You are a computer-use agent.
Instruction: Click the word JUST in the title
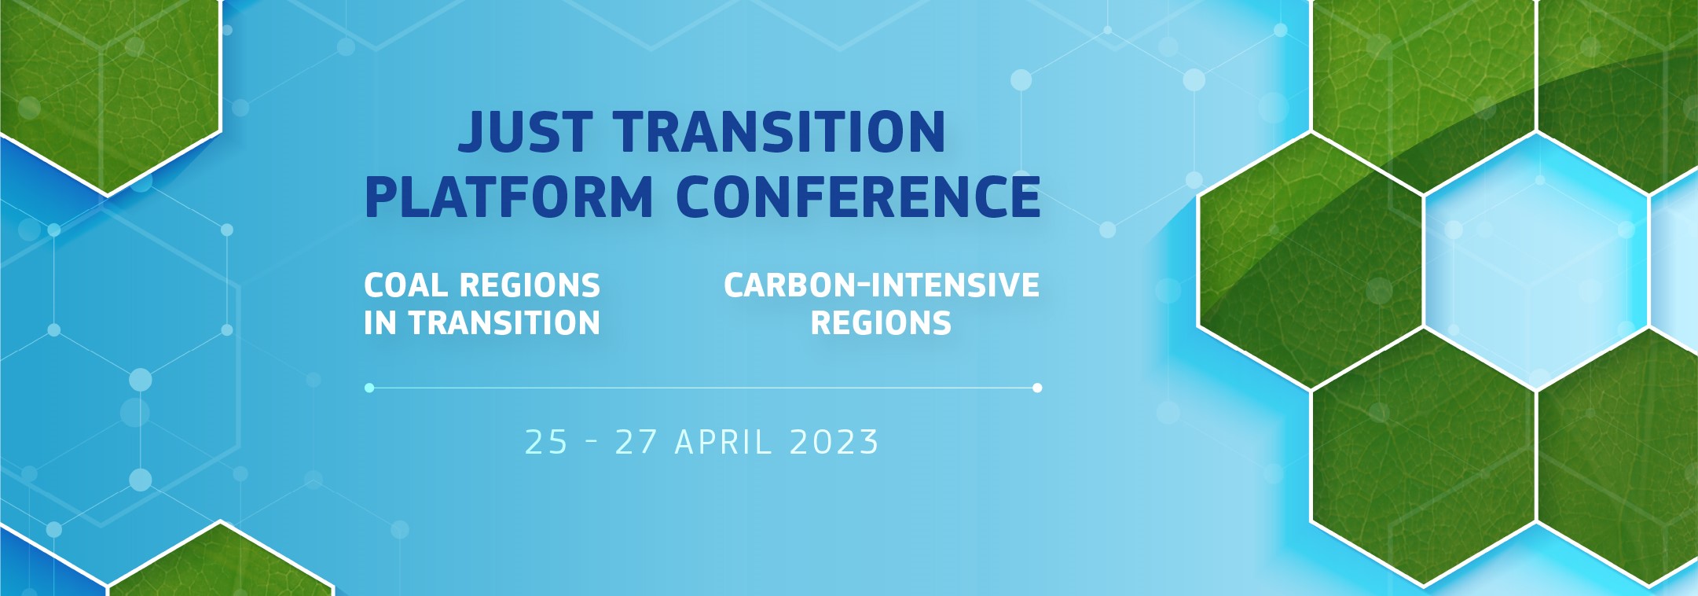[x=525, y=132]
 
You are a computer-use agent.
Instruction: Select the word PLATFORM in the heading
[x=508, y=197]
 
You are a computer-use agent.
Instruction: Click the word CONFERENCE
[x=858, y=197]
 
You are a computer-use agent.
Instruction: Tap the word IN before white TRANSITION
[x=380, y=323]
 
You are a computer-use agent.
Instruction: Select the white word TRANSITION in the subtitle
[x=504, y=323]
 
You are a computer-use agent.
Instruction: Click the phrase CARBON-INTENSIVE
[x=882, y=285]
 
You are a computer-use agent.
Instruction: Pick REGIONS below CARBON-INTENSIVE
[x=881, y=323]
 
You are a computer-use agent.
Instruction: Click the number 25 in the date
[x=546, y=442]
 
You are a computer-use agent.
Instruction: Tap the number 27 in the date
[x=636, y=442]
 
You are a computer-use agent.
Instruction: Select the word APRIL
[x=723, y=442]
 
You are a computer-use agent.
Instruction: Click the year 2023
[x=834, y=442]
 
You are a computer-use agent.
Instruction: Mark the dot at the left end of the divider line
[x=369, y=388]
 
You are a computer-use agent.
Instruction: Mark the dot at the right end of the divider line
[x=1037, y=388]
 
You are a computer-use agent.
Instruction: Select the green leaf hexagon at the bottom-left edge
[x=220, y=562]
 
